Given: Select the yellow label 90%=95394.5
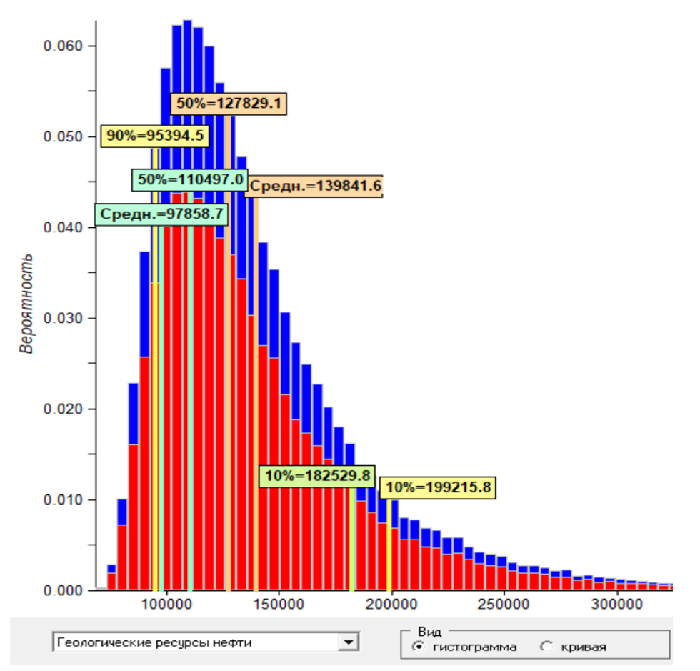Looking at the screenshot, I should tap(154, 136).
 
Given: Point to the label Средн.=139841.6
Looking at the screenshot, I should tap(314, 187).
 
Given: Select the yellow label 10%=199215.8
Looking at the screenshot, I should tap(437, 488).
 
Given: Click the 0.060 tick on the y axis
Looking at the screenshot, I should tap(64, 46).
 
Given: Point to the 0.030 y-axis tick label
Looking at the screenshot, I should tap(64, 319).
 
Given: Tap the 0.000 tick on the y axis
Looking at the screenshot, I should tap(64, 591).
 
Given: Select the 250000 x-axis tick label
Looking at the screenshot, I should tap(504, 605).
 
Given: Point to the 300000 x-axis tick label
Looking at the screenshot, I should tap(617, 605).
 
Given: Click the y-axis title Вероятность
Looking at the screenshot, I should tap(26, 304).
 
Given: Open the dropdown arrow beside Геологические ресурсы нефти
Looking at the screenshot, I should tap(349, 642).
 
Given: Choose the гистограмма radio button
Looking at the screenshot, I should tap(418, 647).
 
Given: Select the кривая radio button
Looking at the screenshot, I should tap(547, 647).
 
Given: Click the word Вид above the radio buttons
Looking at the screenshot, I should tap(429, 632).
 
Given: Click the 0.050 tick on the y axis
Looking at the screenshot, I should tap(64, 137).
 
